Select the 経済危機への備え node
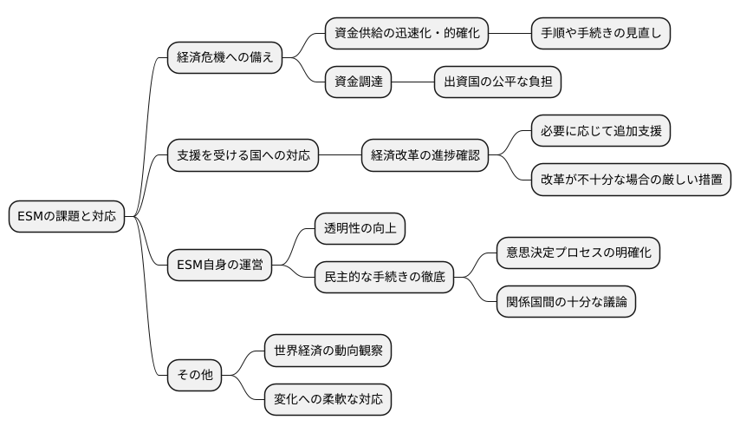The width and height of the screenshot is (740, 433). [x=224, y=58]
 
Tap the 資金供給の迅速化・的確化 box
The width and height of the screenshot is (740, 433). [x=406, y=34]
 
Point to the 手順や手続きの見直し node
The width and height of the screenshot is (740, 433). [x=600, y=34]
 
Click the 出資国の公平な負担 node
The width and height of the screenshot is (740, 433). [x=497, y=82]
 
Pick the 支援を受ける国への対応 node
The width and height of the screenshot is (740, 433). [x=243, y=156]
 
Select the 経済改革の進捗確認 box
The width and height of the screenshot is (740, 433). [x=424, y=156]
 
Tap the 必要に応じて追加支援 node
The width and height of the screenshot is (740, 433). [x=600, y=131]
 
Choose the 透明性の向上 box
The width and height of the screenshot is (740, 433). [x=359, y=228]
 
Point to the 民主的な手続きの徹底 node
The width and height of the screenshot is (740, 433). [x=384, y=278]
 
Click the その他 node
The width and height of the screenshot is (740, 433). [x=194, y=376]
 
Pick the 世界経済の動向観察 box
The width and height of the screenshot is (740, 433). [x=328, y=351]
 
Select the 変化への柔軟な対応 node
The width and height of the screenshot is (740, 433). [x=328, y=400]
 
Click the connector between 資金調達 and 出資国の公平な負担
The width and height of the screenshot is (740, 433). [x=412, y=82]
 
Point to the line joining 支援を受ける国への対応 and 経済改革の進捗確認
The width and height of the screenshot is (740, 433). [x=340, y=156]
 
